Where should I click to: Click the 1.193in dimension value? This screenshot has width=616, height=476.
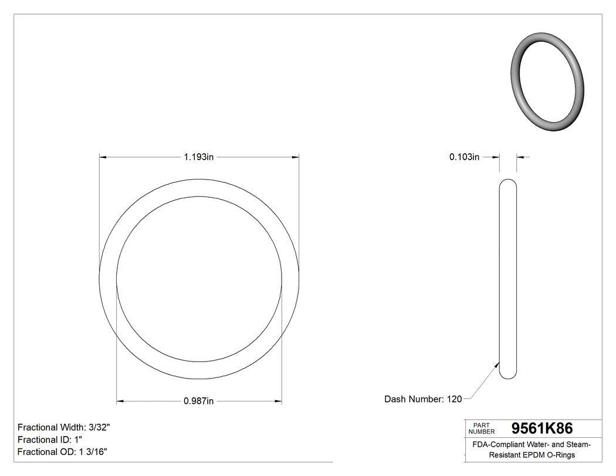198,157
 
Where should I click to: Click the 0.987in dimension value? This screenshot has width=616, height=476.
198,401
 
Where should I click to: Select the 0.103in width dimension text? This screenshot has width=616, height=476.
464,157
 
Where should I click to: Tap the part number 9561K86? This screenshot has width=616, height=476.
542,428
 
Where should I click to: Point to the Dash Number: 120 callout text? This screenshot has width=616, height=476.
422,399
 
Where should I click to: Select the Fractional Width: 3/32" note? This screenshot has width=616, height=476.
64,427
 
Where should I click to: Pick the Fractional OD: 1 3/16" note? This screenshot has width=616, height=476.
62,451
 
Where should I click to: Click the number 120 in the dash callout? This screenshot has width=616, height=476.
454,399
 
